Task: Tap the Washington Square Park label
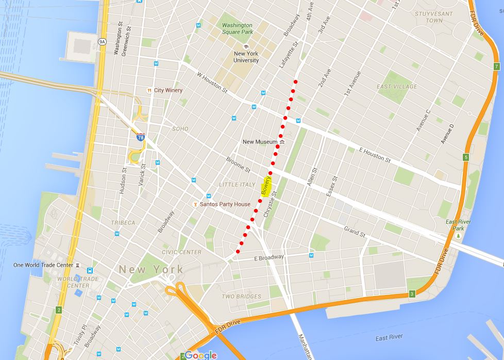click(x=237, y=28)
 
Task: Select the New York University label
click(x=246, y=57)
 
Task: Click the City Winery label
click(x=168, y=90)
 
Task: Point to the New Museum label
click(x=260, y=142)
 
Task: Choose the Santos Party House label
click(x=225, y=204)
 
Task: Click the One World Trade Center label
click(x=43, y=265)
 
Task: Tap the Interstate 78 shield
click(x=141, y=138)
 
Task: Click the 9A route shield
click(x=103, y=42)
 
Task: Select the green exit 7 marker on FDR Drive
click(x=496, y=67)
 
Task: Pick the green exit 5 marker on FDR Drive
click(x=465, y=157)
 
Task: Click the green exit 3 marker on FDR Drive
click(x=412, y=294)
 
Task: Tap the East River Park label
click(x=458, y=225)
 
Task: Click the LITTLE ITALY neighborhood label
click(x=237, y=185)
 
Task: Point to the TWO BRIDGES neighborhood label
click(x=241, y=297)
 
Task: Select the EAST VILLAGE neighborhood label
click(x=397, y=87)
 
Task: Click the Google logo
click(x=200, y=355)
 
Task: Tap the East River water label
click(x=389, y=337)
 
